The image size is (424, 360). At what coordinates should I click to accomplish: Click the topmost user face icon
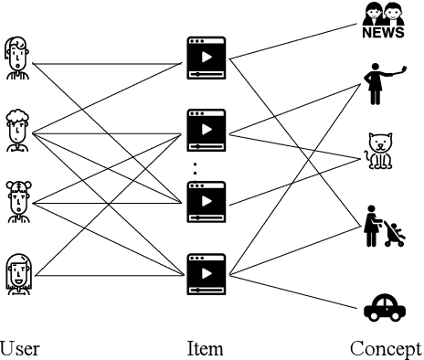click(16, 57)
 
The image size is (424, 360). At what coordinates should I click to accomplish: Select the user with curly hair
click(16, 129)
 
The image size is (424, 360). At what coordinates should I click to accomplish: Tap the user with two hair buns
click(16, 199)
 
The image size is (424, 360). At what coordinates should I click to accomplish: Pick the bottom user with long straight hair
click(16, 272)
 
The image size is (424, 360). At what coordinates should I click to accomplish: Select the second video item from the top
click(206, 128)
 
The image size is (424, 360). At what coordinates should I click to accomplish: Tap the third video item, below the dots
click(206, 200)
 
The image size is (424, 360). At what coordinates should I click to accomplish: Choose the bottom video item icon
click(206, 272)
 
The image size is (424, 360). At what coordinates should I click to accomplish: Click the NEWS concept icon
click(383, 21)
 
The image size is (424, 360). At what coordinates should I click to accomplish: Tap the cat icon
click(378, 152)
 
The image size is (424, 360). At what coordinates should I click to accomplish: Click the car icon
click(384, 308)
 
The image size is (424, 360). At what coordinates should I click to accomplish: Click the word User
click(19, 348)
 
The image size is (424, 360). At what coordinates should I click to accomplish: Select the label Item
click(205, 348)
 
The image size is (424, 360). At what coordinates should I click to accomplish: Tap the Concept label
click(385, 348)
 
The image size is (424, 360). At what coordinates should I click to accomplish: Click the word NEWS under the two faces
click(383, 34)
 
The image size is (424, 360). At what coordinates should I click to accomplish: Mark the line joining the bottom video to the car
click(292, 291)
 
